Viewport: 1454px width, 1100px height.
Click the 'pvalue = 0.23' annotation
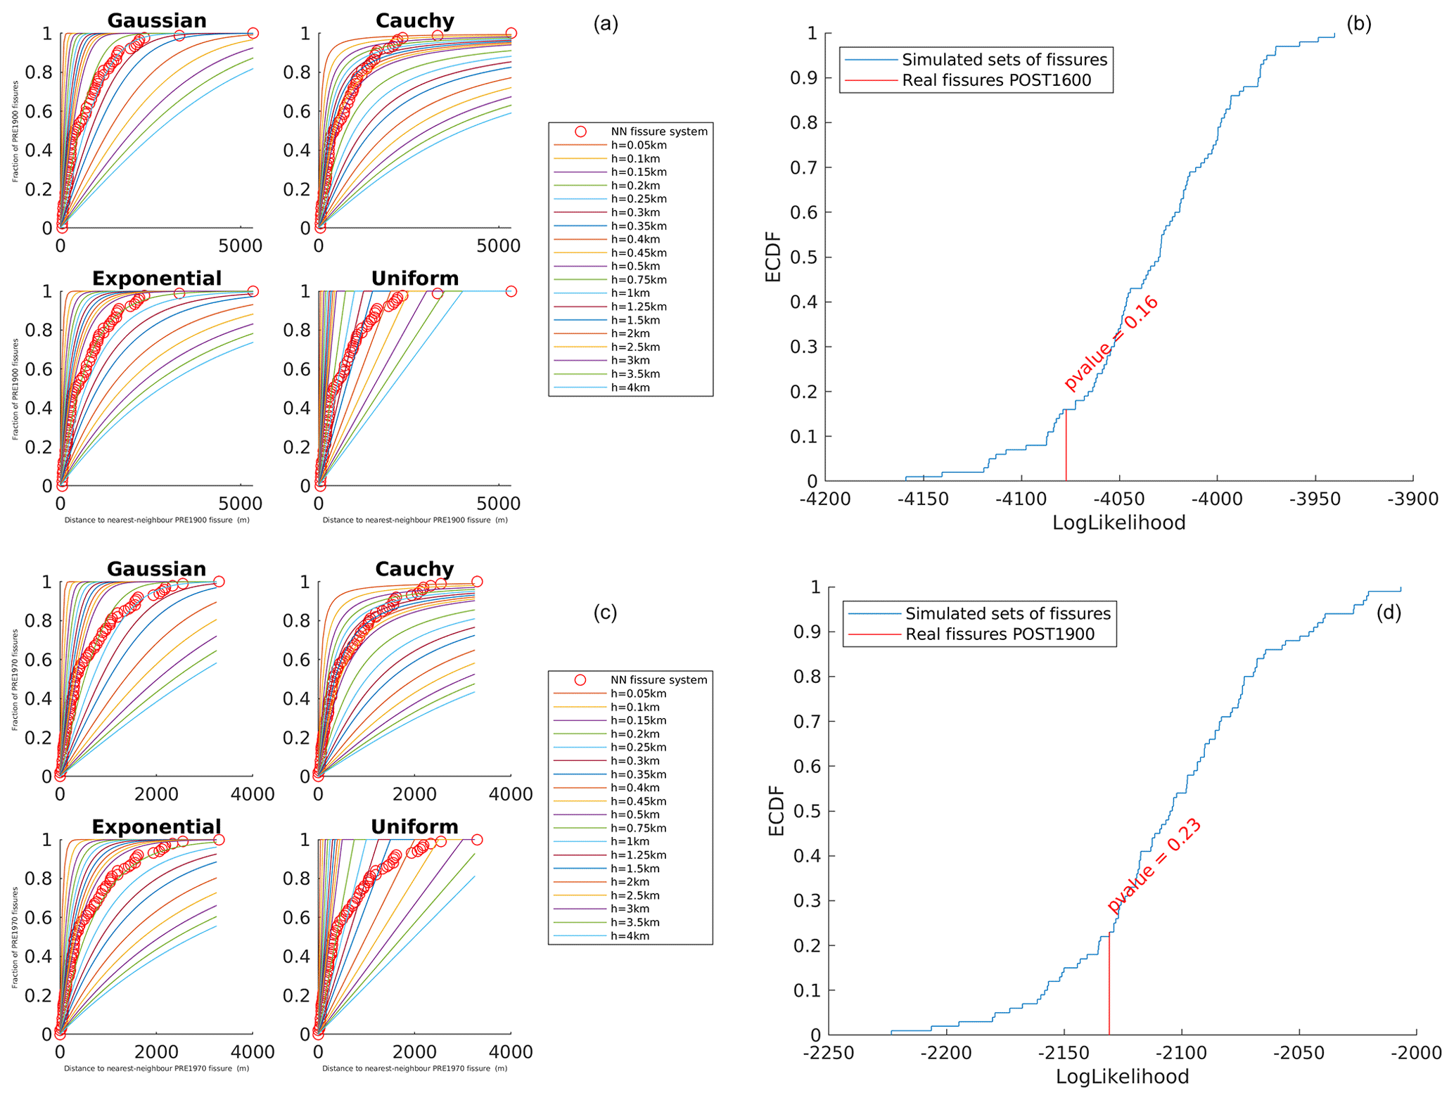click(1154, 866)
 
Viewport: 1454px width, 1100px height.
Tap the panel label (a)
click(605, 24)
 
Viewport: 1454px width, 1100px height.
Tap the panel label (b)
click(1358, 24)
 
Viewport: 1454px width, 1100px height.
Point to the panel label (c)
click(605, 613)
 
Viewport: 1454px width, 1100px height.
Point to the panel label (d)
click(1388, 613)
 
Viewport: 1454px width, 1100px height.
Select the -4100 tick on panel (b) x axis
click(1021, 499)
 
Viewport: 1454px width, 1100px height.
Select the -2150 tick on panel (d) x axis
click(1064, 1053)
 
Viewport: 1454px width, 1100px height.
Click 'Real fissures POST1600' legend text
click(996, 80)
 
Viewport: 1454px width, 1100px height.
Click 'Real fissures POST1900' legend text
click(1000, 634)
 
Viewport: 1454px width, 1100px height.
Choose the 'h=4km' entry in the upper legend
click(630, 388)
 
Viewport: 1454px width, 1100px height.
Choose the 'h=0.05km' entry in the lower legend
click(638, 693)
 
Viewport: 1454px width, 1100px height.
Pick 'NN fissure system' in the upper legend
click(658, 132)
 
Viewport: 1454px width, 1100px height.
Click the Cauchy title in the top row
click(414, 21)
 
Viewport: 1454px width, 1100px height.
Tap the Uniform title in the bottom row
click(414, 827)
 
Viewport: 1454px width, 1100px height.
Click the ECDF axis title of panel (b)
click(773, 257)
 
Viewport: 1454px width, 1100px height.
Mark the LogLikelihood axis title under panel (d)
click(1122, 1077)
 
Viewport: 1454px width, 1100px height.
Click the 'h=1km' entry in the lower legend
click(630, 842)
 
